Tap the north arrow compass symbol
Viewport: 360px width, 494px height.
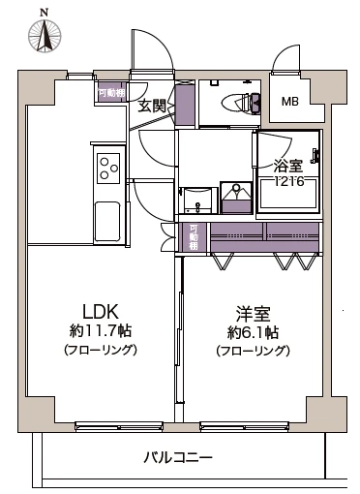click(x=43, y=37)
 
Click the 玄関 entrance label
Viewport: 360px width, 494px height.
click(x=152, y=105)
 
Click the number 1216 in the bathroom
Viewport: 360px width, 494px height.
click(x=287, y=180)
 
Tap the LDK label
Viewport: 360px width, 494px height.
click(x=99, y=312)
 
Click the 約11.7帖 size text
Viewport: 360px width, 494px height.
click(x=99, y=331)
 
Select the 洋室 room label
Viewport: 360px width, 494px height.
click(x=253, y=312)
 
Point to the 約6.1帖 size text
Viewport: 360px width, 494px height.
click(x=253, y=331)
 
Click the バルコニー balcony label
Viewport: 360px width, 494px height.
click(x=179, y=456)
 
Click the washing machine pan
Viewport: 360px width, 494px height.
click(x=234, y=198)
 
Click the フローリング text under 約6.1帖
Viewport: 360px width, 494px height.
click(x=253, y=350)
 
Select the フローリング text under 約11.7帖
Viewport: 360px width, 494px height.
click(x=99, y=350)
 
